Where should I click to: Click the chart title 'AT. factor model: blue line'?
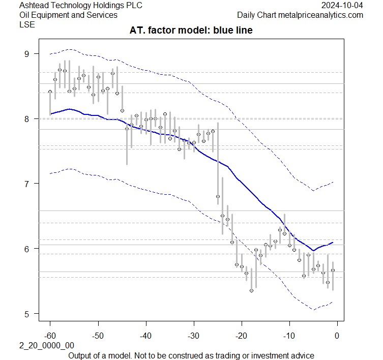click(x=191, y=31)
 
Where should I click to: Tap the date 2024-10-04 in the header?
click(x=343, y=6)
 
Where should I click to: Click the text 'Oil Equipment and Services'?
click(x=68, y=15)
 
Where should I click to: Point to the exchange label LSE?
click(x=26, y=24)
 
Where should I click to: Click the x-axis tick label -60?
click(x=50, y=336)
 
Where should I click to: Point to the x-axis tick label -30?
click(x=193, y=336)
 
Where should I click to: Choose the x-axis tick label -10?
click(x=289, y=336)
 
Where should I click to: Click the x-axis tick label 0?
click(x=337, y=336)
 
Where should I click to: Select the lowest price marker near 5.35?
click(x=251, y=290)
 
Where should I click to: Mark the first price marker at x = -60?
click(x=50, y=92)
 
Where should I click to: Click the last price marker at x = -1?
click(x=333, y=270)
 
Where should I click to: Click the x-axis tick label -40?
click(x=145, y=336)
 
